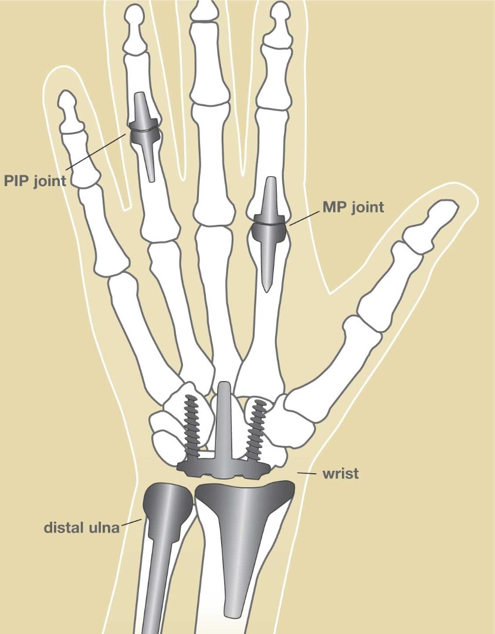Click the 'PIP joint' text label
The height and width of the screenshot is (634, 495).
tap(35, 181)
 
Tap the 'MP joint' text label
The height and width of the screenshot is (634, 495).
tap(353, 207)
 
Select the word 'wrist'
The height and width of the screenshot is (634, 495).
tap(341, 474)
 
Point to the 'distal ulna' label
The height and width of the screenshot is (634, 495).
tap(82, 527)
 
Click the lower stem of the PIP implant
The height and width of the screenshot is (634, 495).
tap(148, 163)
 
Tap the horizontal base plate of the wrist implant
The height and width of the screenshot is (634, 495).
tap(223, 470)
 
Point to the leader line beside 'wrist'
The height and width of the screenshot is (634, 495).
tap(307, 473)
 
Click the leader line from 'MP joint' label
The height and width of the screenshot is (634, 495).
tap(304, 218)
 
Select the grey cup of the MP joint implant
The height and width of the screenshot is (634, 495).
tap(269, 231)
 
